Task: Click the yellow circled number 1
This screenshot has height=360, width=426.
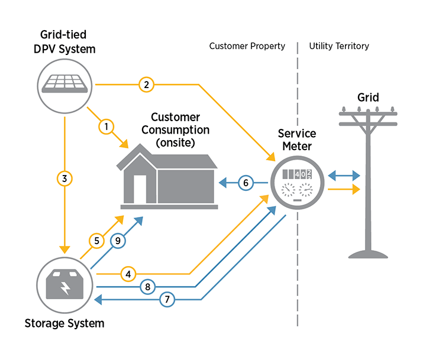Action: (x=106, y=126)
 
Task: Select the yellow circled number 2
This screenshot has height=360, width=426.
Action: (x=146, y=85)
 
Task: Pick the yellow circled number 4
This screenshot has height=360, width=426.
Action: (x=129, y=274)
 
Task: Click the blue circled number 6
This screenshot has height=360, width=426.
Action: (x=246, y=183)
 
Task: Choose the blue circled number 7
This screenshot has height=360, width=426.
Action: (x=167, y=300)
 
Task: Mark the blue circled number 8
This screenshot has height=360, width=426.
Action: (x=148, y=287)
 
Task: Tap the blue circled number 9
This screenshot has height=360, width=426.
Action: (x=118, y=241)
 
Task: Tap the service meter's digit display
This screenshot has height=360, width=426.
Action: (x=297, y=174)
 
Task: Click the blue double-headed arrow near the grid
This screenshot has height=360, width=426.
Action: (x=344, y=175)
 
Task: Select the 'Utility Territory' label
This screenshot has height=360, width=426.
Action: (x=339, y=46)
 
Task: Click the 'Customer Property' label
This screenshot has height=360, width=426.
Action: (x=247, y=46)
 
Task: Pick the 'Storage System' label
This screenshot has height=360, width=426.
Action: (x=64, y=323)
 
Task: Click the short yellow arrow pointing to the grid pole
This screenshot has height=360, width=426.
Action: (x=344, y=189)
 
